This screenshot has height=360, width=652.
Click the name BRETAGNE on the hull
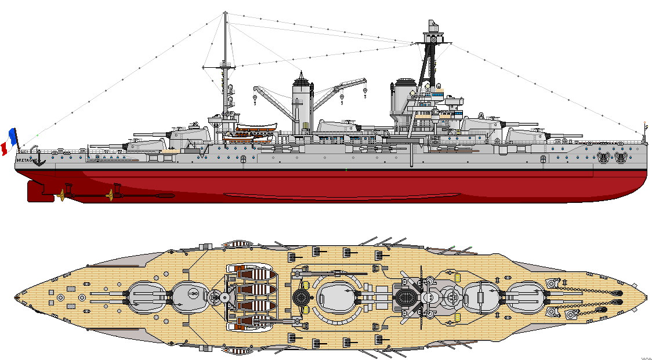[26, 159]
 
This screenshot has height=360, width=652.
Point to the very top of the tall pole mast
[225, 13]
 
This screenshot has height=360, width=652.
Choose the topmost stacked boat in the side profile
[256, 127]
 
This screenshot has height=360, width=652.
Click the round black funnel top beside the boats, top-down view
[302, 297]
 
